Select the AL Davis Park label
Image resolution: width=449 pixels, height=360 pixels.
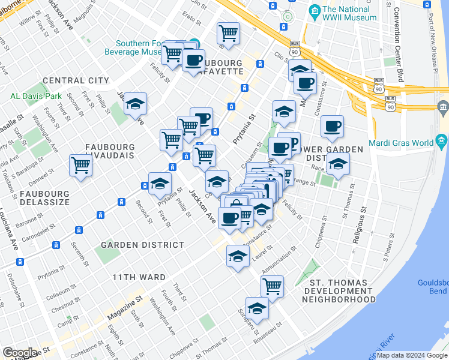click(36, 95)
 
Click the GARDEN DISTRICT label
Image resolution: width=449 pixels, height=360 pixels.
click(142, 245)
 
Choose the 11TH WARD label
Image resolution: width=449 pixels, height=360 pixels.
click(139, 277)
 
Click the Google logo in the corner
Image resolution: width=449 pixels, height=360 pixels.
click(20, 353)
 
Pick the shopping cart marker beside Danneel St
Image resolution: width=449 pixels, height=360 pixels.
click(80, 165)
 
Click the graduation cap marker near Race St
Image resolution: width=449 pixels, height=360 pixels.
click(338, 163)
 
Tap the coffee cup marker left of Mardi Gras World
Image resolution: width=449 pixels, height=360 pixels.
click(332, 125)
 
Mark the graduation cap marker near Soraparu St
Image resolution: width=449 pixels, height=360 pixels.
click(257, 308)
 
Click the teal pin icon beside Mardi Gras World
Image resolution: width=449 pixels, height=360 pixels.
click(443, 143)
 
